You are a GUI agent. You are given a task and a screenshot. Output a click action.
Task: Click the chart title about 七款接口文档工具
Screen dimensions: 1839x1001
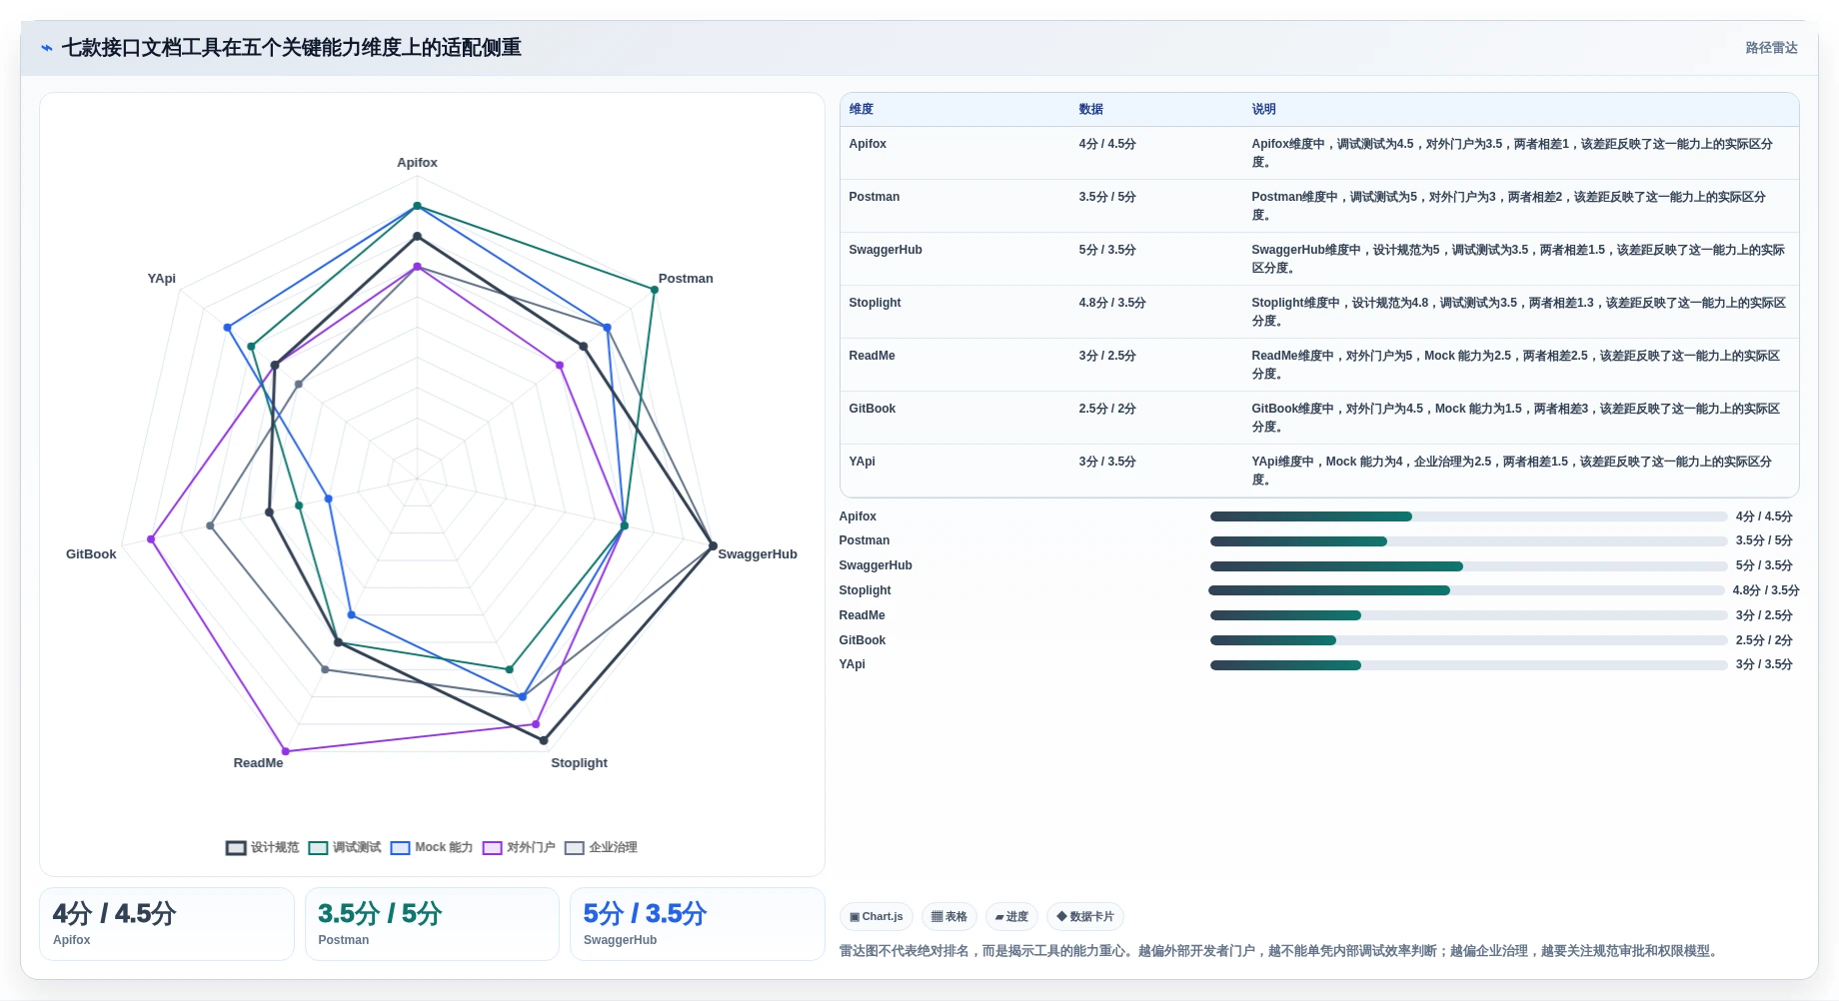(291, 48)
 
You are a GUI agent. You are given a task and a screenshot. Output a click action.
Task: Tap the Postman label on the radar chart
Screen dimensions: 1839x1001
(686, 279)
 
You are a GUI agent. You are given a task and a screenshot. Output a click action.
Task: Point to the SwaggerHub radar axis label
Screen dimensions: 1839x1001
(758, 554)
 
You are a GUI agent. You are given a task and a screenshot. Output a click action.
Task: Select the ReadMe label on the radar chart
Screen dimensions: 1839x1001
(258, 763)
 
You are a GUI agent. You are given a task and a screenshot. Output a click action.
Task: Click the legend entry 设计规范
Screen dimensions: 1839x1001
(263, 847)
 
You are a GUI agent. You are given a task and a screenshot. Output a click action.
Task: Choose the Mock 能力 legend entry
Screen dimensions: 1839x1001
(432, 847)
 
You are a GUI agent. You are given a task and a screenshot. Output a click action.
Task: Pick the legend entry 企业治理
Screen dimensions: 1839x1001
(601, 847)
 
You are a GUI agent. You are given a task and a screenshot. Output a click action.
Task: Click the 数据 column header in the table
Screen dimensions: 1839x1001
(1090, 109)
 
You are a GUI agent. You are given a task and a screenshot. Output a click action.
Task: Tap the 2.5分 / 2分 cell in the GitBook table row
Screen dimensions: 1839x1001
(1107, 409)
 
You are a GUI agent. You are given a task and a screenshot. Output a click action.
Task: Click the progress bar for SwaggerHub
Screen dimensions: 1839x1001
(1468, 566)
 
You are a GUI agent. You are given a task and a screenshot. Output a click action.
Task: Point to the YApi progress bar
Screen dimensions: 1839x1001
(1468, 665)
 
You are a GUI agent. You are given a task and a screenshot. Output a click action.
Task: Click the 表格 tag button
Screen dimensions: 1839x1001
(949, 917)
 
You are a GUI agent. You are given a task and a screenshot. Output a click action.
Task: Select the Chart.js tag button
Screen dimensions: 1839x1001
(877, 917)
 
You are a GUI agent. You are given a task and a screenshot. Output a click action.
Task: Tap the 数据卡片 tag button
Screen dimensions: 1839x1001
(1085, 917)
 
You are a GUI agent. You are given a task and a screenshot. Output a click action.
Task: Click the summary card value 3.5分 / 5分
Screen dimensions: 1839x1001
(380, 914)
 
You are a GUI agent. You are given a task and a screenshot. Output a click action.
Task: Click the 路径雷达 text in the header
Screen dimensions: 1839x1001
(1771, 48)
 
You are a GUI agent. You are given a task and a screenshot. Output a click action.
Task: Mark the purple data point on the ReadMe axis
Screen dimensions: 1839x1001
(286, 751)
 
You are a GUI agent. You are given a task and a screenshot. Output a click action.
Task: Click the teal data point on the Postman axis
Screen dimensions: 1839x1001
(655, 290)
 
